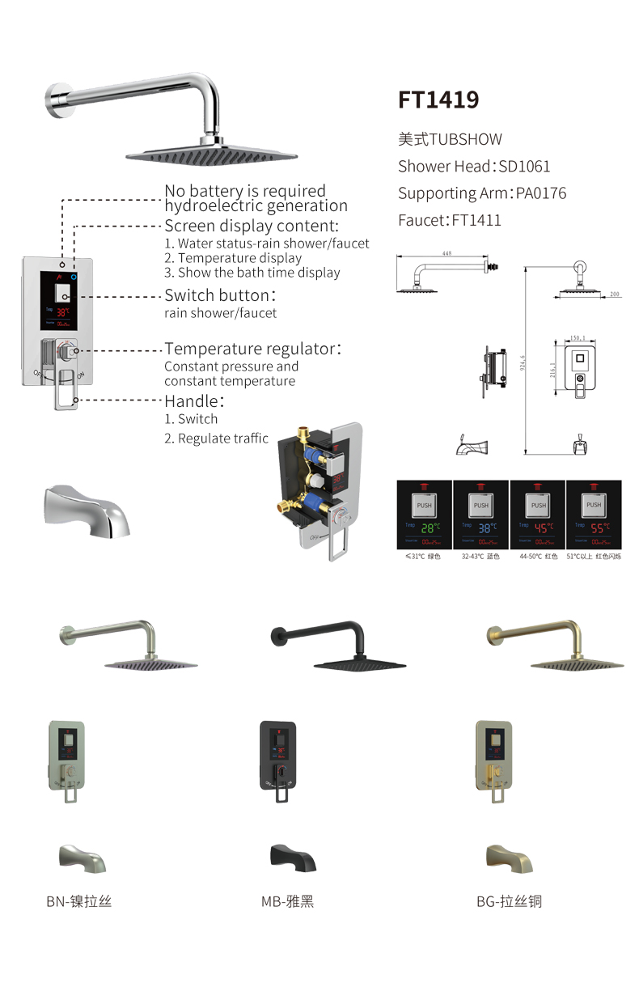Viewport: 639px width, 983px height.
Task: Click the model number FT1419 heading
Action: (438, 100)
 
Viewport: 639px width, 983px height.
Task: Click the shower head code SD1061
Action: (525, 167)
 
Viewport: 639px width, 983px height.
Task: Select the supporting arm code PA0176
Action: (540, 193)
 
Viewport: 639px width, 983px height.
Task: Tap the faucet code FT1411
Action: (476, 220)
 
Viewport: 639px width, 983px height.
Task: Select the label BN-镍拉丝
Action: (78, 900)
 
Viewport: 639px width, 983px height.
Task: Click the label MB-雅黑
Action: (287, 900)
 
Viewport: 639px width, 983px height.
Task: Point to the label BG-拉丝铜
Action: (509, 900)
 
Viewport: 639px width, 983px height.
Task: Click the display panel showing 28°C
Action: (424, 515)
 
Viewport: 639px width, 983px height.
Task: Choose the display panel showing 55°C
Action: (594, 515)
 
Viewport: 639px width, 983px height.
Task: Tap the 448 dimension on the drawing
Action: (446, 252)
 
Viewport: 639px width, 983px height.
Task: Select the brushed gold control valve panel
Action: (493, 757)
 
